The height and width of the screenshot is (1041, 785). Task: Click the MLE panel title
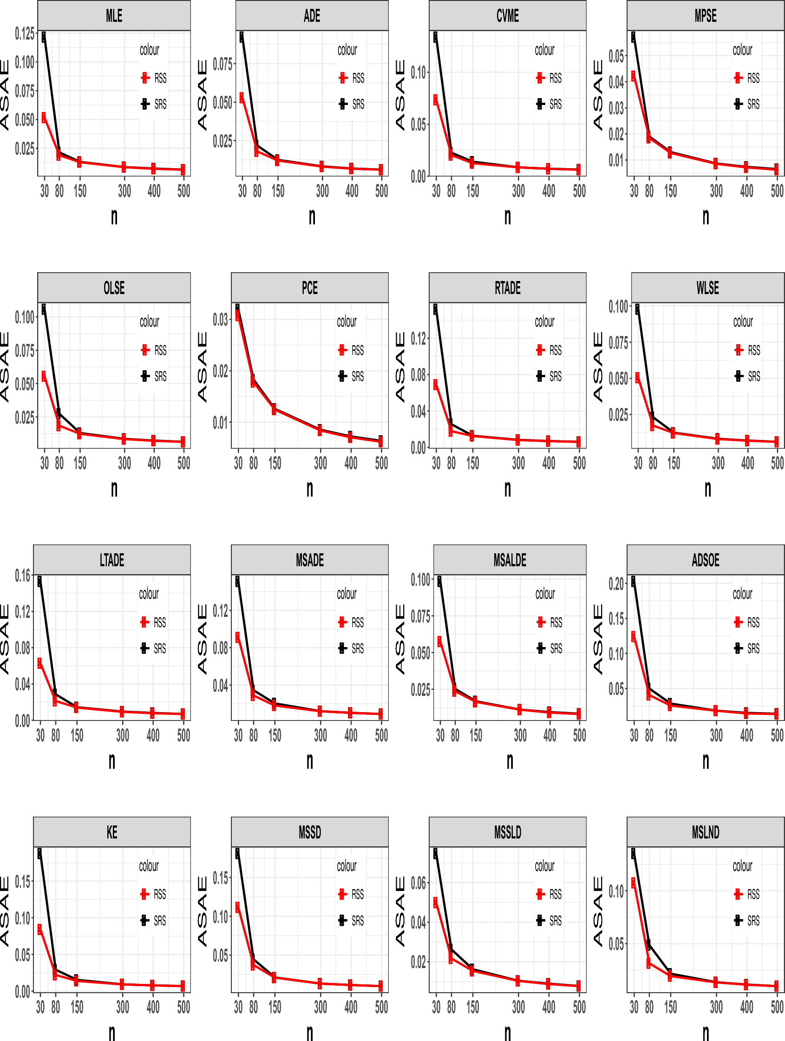pyautogui.click(x=114, y=16)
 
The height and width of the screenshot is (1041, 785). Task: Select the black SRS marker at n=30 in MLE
pyautogui.click(x=44, y=37)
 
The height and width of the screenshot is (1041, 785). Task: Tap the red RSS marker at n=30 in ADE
pyautogui.click(x=242, y=98)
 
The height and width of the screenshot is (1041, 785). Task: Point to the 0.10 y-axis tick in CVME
pyautogui.click(x=418, y=72)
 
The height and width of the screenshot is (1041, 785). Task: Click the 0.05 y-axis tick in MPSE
pyautogui.click(x=616, y=56)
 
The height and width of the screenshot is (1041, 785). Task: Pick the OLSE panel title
pyautogui.click(x=114, y=288)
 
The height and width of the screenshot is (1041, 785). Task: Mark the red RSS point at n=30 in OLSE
pyautogui.click(x=44, y=376)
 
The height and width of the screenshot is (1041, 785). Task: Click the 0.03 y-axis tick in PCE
pyautogui.click(x=220, y=320)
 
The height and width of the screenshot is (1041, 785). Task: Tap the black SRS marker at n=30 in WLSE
pyautogui.click(x=637, y=309)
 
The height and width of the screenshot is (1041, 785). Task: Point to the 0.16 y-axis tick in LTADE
pyautogui.click(x=23, y=575)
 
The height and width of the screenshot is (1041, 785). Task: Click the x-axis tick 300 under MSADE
pyautogui.click(x=321, y=735)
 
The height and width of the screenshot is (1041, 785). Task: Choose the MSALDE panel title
pyautogui.click(x=510, y=560)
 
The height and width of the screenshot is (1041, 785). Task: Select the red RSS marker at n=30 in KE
pyautogui.click(x=39, y=929)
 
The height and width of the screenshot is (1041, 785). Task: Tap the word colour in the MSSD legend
pyautogui.click(x=347, y=866)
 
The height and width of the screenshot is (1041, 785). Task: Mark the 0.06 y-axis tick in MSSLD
pyautogui.click(x=419, y=883)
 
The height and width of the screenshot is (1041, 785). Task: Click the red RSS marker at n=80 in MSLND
pyautogui.click(x=648, y=963)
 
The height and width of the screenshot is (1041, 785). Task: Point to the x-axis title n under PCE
pyautogui.click(x=310, y=490)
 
